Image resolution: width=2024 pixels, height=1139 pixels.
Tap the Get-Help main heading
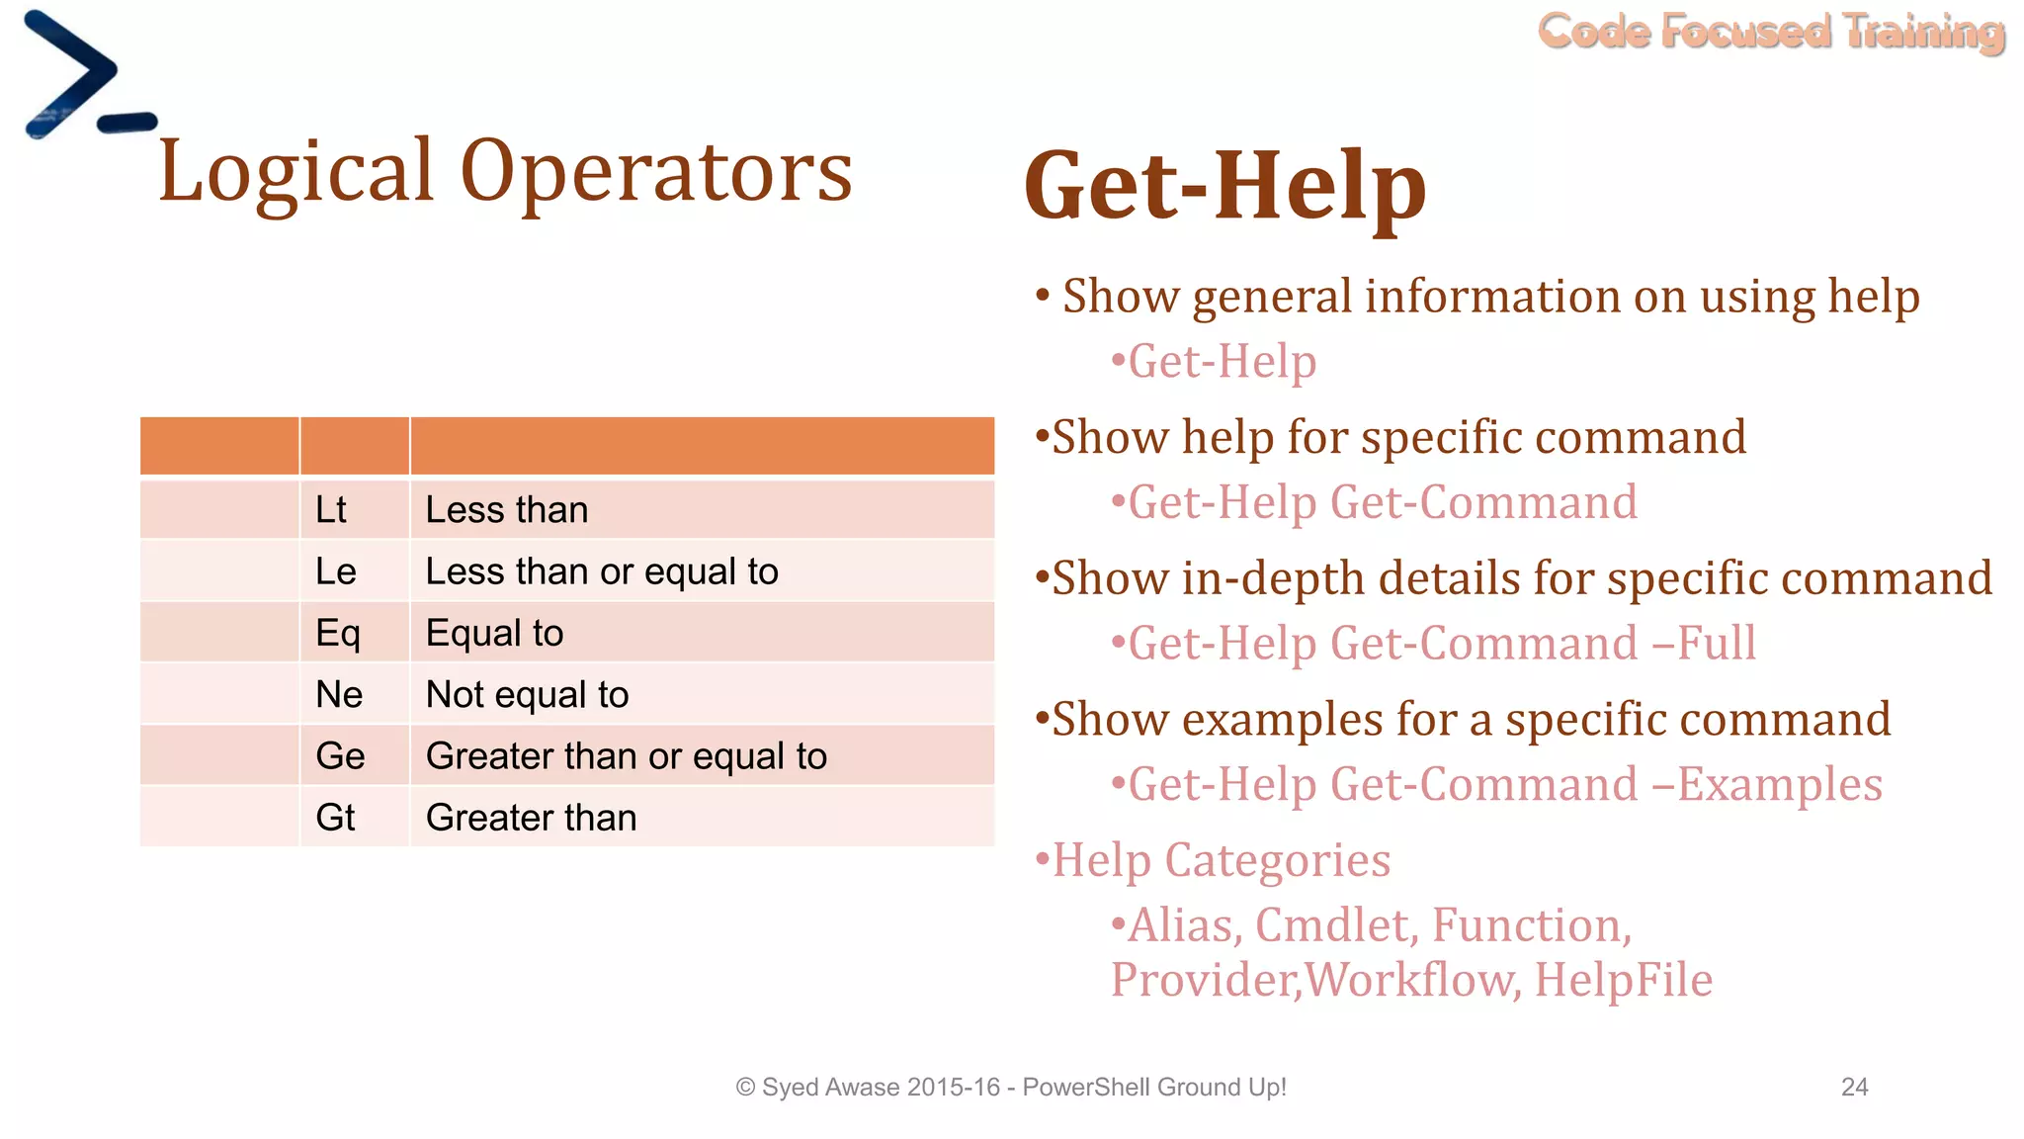(1224, 186)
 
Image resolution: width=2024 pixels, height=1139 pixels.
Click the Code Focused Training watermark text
(1770, 32)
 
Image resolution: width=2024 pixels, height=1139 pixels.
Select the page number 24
(1854, 1087)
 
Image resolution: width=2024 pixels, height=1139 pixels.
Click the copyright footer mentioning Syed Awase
(1010, 1087)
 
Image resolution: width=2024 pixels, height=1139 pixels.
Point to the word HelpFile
(1623, 980)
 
